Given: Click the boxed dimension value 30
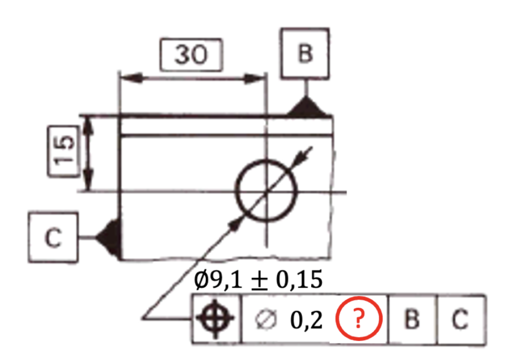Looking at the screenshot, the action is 191,54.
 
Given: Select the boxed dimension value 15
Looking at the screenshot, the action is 64,151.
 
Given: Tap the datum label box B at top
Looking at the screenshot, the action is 305,53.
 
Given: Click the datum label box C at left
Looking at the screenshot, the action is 53,238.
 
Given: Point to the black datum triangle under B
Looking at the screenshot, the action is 306,107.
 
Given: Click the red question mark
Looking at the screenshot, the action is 359,319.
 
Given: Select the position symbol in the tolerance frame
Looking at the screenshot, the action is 215,319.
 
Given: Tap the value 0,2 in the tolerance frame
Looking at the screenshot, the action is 306,320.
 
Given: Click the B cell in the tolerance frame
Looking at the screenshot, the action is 413,319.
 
